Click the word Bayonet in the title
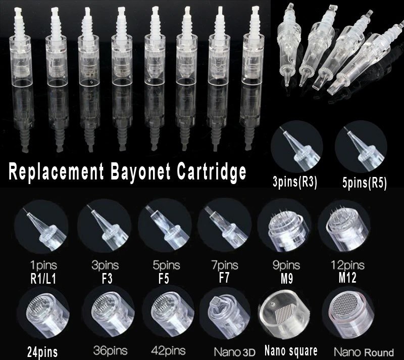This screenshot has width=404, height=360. (x=140, y=171)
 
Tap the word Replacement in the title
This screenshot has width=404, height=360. (x=56, y=171)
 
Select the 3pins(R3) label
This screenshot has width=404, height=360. (x=295, y=183)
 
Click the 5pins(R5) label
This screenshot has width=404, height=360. (x=364, y=183)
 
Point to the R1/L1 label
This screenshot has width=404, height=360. (x=43, y=279)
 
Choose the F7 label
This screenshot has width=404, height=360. (x=224, y=278)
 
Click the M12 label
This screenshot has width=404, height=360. (x=347, y=278)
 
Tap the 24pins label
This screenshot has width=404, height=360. (x=42, y=352)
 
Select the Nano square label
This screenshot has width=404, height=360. (x=291, y=351)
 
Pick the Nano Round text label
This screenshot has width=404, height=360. (x=364, y=352)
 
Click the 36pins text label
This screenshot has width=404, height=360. (x=110, y=351)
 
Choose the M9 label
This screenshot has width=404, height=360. (x=286, y=279)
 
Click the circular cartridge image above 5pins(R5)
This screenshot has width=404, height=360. (x=361, y=147)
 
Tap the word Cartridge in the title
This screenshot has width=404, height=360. (x=212, y=171)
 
